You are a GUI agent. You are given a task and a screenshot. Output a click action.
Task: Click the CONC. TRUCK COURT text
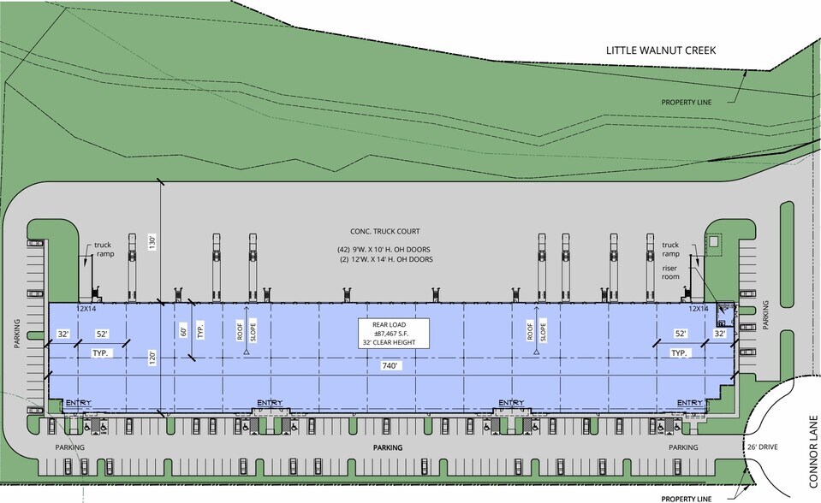(385, 232)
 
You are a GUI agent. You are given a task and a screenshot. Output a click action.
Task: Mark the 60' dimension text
(181, 328)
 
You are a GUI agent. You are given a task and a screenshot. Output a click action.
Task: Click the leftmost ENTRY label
(78, 403)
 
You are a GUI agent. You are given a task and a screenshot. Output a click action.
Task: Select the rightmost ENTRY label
(690, 403)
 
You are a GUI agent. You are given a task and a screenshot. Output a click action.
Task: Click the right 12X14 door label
(699, 307)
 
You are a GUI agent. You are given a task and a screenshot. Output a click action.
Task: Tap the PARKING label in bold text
(388, 447)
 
